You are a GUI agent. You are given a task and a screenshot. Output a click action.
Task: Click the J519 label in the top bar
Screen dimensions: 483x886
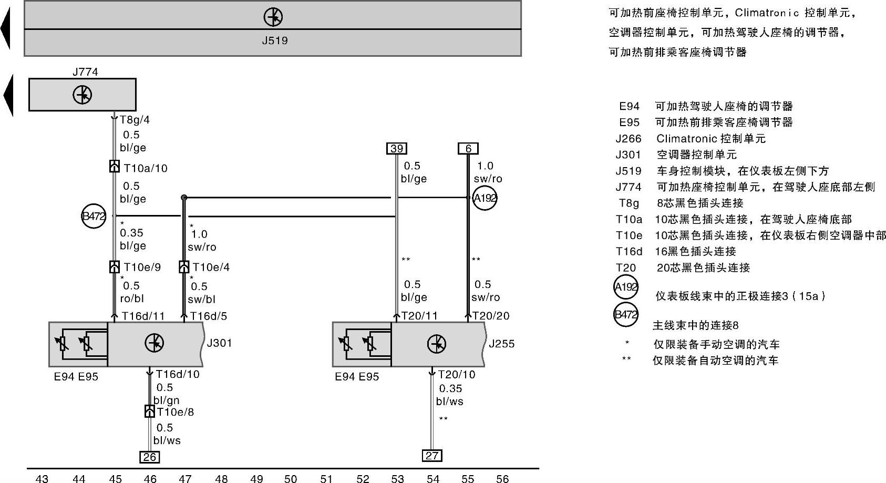point(275,40)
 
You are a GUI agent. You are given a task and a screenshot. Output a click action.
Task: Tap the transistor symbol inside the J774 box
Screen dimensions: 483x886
point(83,95)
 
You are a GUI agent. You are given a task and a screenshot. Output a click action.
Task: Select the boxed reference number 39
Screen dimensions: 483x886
point(397,148)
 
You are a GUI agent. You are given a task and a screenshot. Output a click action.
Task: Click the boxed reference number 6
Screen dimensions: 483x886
point(468,148)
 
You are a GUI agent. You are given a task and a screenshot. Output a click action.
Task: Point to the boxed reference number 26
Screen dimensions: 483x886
point(150,457)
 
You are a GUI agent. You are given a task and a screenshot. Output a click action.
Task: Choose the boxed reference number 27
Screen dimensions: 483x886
point(432,456)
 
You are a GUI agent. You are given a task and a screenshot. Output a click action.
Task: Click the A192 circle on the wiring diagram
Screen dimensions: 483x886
point(485,198)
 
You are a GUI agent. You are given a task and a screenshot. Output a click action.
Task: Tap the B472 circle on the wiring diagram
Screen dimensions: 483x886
point(94,216)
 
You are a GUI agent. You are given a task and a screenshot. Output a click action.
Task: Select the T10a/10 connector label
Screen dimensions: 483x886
point(146,168)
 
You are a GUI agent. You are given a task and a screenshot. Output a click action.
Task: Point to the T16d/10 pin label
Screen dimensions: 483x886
point(178,374)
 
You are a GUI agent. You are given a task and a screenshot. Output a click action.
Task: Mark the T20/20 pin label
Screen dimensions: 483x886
point(491,316)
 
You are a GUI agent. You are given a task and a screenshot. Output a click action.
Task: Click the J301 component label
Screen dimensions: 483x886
point(219,343)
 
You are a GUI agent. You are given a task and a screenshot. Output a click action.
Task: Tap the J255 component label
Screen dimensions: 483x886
point(501,344)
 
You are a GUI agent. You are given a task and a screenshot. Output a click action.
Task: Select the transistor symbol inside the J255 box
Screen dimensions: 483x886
point(437,344)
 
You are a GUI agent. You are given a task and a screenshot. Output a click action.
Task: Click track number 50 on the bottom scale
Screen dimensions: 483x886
point(291,478)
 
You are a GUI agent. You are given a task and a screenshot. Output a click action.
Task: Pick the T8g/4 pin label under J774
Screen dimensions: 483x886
point(135,120)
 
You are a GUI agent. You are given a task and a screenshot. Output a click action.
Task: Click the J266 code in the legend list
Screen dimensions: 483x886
point(629,139)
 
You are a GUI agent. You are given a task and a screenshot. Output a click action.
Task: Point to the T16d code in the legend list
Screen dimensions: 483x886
point(629,251)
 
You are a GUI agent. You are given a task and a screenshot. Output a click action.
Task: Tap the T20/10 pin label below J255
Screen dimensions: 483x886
point(456,374)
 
